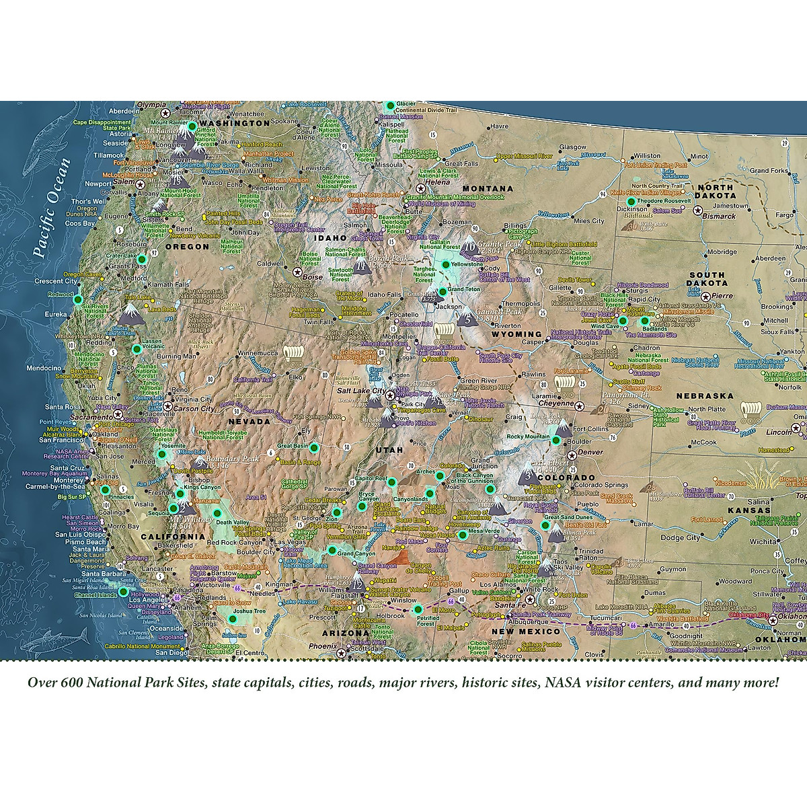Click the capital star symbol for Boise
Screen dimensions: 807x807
coord(297,271)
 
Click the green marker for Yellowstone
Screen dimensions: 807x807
coord(445,266)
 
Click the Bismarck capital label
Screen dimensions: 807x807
coord(719,217)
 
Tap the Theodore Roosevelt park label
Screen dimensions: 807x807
coord(664,201)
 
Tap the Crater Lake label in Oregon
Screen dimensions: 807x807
coord(122,256)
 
